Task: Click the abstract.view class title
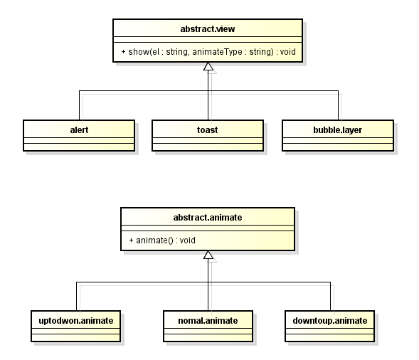point(208,29)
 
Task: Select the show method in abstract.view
point(208,52)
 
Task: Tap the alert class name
point(79,130)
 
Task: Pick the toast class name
point(207,130)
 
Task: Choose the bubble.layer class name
point(337,130)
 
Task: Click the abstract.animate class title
point(208,217)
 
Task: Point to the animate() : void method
point(162,240)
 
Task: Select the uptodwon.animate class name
point(76,320)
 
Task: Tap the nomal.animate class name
point(208,320)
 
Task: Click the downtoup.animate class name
point(330,320)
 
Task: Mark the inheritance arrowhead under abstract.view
point(208,66)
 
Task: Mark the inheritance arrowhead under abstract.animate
point(208,255)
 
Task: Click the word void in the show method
point(288,52)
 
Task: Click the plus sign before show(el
point(123,52)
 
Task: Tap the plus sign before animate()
point(131,240)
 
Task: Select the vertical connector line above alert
point(79,105)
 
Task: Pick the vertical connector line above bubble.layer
point(339,105)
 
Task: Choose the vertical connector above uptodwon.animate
point(76,296)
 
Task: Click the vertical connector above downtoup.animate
point(331,296)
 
